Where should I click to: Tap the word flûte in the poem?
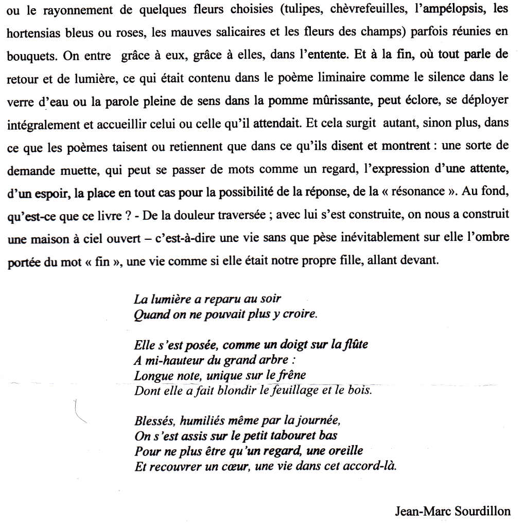[355, 344]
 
